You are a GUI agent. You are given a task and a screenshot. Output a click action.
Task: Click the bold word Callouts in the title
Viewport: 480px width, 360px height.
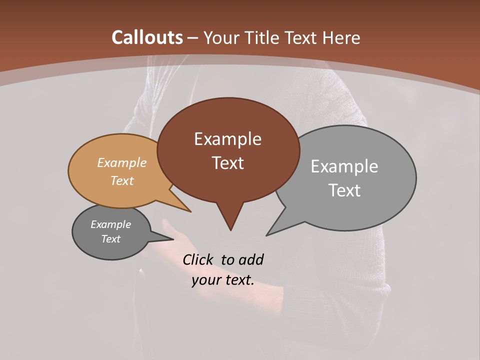pos(147,37)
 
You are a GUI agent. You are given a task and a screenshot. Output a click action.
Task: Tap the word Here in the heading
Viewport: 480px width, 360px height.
pos(341,37)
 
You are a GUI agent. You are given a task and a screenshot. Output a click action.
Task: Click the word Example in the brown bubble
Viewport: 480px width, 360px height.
pos(227,139)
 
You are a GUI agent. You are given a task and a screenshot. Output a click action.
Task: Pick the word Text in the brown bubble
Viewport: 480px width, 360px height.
pos(227,163)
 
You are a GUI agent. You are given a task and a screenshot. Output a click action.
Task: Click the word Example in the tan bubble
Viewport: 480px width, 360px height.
pos(122,163)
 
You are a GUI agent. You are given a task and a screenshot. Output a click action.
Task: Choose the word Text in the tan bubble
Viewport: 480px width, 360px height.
pos(122,180)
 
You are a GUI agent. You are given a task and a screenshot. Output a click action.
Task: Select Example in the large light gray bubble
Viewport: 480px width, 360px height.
pos(344,166)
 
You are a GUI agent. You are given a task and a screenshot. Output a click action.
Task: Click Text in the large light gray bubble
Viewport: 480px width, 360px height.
pos(344,190)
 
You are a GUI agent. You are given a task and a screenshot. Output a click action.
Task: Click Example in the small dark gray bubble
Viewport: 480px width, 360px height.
pos(110,224)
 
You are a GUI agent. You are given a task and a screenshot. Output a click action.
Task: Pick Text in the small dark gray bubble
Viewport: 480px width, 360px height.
pos(110,239)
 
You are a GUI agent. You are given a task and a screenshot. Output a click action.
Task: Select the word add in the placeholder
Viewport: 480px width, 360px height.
pos(250,259)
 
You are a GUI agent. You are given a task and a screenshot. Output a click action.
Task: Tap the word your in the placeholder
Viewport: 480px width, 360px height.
pos(205,280)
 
